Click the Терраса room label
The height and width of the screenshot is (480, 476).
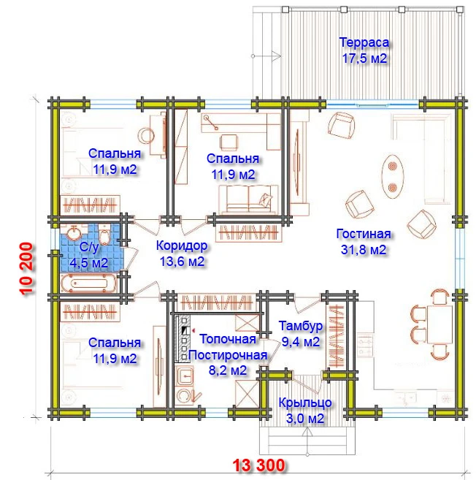(364, 42)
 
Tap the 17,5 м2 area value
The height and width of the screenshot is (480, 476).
(364, 58)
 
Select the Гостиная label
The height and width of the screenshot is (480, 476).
(364, 234)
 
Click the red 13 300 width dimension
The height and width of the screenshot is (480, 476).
(258, 465)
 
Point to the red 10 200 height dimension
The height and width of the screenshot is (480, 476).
(26, 269)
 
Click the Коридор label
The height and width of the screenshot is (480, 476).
(182, 245)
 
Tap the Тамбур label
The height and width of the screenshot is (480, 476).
(300, 326)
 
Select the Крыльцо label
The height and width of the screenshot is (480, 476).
(305, 403)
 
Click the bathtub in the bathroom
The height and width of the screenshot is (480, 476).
(88, 283)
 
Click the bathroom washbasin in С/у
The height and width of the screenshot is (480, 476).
(74, 233)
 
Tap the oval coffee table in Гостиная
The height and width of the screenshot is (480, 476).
(393, 177)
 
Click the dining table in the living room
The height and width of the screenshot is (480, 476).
(439, 324)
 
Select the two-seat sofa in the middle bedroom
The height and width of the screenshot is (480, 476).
(249, 199)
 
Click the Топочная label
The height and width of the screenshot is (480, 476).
(228, 339)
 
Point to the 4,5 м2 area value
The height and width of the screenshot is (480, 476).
(89, 263)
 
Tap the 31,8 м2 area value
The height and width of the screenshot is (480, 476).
(364, 250)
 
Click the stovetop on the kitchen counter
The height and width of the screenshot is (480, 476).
(364, 346)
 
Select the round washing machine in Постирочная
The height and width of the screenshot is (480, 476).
(185, 396)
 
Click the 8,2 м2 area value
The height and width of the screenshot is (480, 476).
(228, 370)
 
